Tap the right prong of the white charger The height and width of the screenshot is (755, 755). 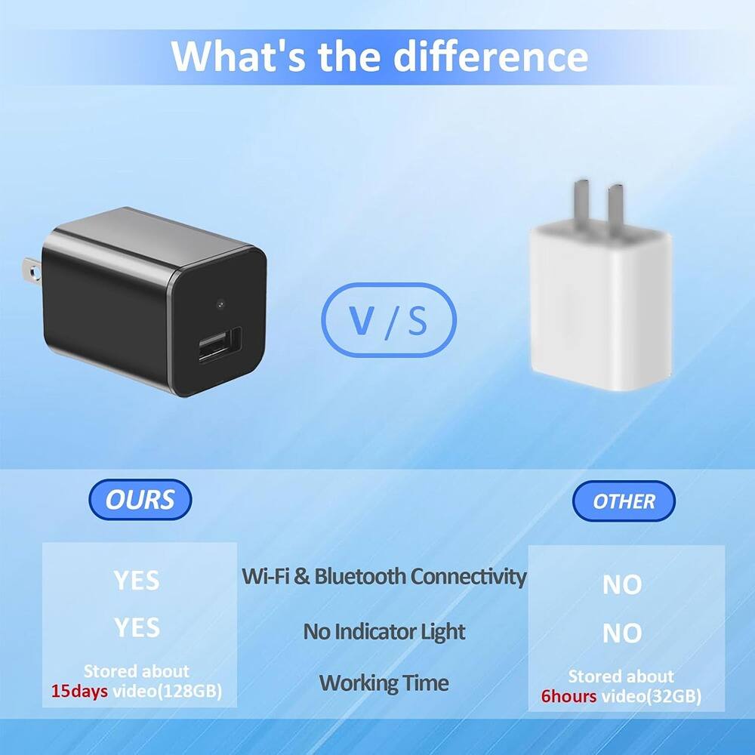615,205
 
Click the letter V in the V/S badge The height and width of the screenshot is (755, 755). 363,320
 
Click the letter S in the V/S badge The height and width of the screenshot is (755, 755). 418,320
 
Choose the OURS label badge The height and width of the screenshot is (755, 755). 140,500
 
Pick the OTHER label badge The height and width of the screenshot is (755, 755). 624,501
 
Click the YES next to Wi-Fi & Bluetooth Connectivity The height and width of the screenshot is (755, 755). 137,580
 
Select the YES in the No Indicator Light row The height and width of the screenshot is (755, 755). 137,627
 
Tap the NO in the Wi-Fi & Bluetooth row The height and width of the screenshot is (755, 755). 622,584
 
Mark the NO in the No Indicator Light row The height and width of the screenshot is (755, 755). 622,633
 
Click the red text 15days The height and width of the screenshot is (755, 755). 79,690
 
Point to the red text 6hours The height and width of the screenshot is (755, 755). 568,696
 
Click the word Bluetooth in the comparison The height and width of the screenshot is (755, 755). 359,577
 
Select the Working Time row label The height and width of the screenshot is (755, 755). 384,683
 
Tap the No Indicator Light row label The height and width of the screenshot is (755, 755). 384,631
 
